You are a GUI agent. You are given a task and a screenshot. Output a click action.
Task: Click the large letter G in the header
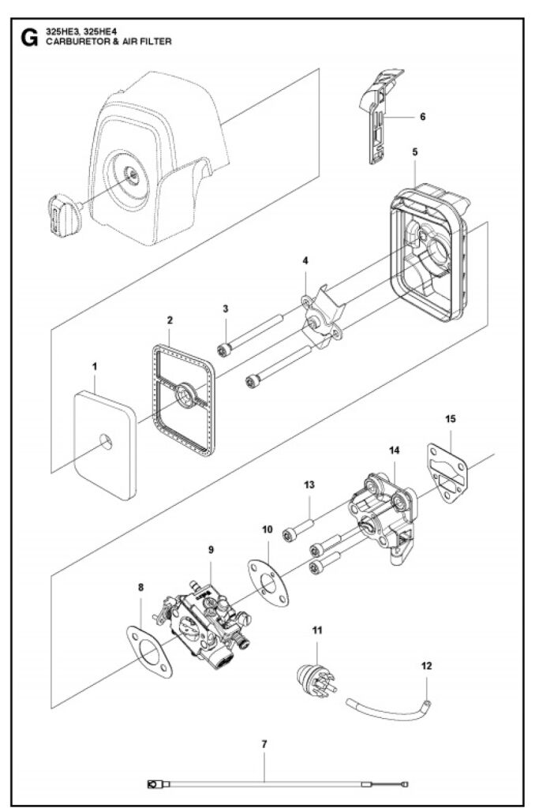point(29,38)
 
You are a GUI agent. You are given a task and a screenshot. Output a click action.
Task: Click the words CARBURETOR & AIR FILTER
point(109,42)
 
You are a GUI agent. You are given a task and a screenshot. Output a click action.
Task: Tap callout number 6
point(422,117)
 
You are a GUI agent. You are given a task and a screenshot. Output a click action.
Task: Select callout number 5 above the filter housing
point(415,152)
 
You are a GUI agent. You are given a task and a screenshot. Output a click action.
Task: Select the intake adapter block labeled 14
point(383,516)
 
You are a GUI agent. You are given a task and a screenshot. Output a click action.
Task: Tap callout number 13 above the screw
point(309,485)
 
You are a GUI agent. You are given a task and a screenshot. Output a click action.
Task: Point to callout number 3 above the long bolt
point(226,309)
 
